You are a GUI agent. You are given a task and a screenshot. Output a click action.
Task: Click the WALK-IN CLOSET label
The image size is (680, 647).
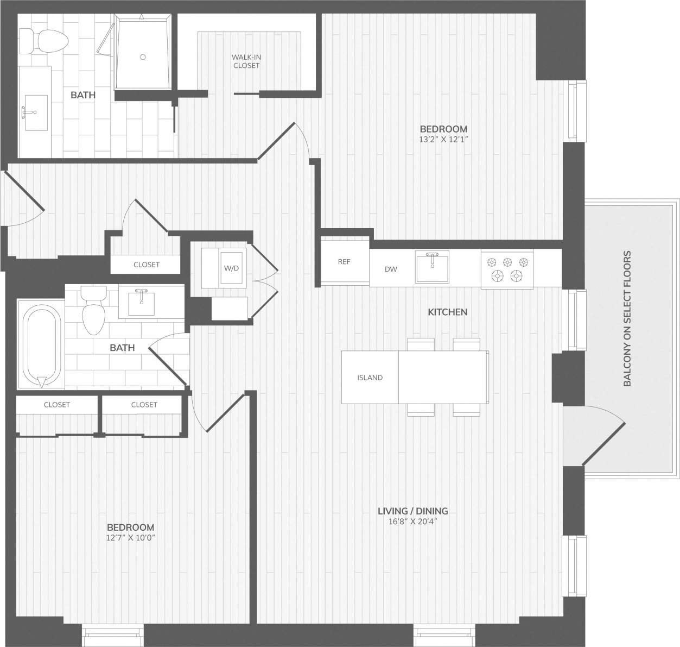tap(246, 61)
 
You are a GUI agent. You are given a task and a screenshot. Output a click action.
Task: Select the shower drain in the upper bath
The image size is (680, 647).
tap(143, 56)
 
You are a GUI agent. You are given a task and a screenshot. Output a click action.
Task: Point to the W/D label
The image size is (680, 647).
tap(231, 268)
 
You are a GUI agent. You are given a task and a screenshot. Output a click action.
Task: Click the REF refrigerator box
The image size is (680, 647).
tap(344, 261)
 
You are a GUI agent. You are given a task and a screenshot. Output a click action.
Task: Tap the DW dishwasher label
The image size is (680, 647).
tap(391, 269)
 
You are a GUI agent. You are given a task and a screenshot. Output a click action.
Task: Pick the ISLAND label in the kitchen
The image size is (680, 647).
tap(370, 378)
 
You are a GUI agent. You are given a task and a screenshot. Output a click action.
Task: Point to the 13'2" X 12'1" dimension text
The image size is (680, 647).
tap(443, 139)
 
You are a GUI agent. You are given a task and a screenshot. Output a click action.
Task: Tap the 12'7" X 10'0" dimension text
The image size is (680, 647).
tap(130, 537)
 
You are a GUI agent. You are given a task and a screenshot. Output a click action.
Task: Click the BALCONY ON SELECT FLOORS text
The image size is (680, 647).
tap(627, 318)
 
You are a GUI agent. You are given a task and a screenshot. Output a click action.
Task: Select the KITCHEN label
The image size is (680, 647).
tap(447, 312)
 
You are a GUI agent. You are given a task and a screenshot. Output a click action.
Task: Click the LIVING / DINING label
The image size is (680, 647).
tap(412, 511)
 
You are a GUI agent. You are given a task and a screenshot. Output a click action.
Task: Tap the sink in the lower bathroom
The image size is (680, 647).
tap(142, 302)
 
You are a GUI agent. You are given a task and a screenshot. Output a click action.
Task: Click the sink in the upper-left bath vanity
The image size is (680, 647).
tap(35, 112)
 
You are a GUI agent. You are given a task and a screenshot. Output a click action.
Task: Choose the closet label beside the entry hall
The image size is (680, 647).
tap(147, 265)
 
